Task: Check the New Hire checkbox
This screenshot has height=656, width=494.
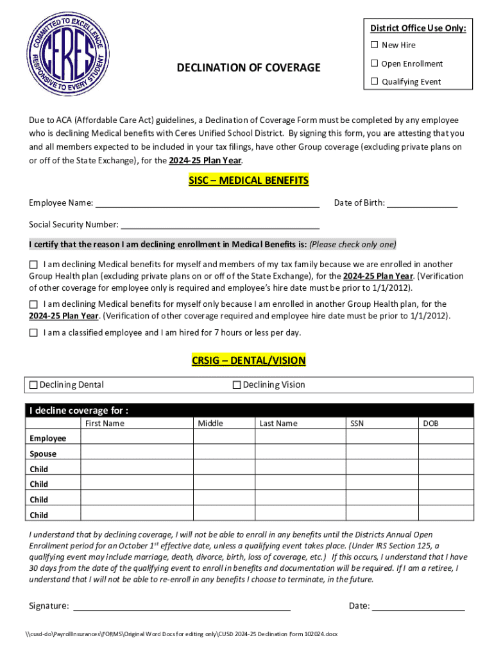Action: pos(374,45)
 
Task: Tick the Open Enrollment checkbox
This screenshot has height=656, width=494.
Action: pos(374,63)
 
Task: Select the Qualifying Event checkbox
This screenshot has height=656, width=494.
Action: pos(374,81)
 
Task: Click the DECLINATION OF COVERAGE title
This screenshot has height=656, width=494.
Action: pos(249,67)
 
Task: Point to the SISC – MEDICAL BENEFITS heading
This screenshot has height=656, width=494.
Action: pos(249,181)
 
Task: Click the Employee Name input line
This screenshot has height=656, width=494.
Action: pos(207,204)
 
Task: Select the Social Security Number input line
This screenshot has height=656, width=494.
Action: pos(220,225)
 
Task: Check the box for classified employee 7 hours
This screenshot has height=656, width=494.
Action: pos(33,332)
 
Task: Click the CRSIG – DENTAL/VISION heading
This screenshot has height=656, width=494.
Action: pos(249,361)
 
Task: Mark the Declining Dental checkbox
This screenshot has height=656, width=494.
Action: pos(33,385)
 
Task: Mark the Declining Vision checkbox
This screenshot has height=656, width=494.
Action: pos(237,385)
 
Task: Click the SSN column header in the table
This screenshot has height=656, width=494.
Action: pos(357,423)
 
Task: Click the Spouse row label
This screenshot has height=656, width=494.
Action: pos(43,454)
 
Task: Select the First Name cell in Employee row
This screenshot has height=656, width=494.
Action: pos(137,438)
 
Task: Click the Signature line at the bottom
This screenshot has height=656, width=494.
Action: pos(182,607)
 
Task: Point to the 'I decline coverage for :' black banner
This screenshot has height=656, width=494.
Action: pos(250,411)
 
